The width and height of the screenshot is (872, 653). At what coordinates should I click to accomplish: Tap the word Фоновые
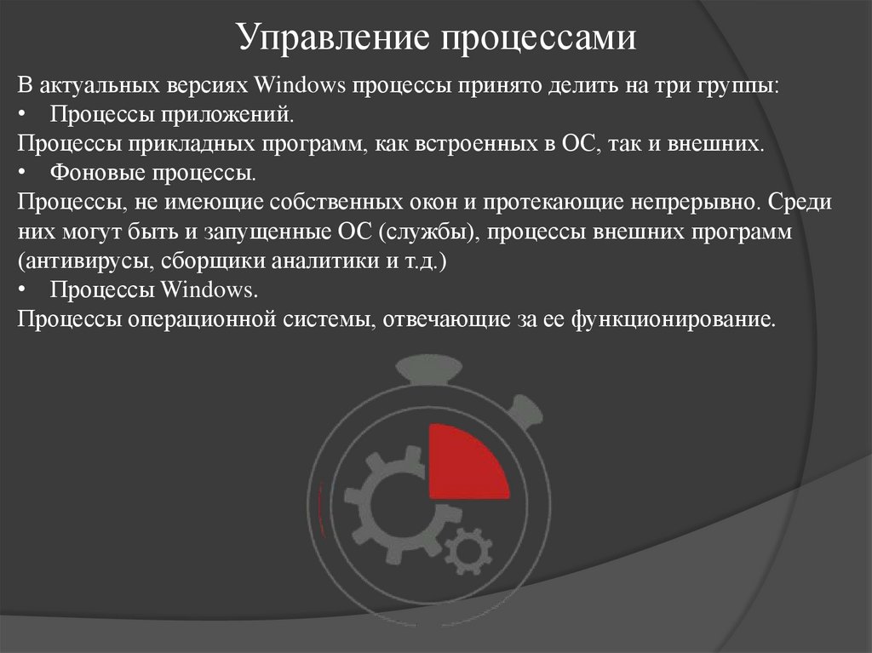pos(90,174)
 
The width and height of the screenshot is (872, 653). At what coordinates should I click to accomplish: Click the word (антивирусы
pos(66,261)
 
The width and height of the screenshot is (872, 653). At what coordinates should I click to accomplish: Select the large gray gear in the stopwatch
pos(393,506)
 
